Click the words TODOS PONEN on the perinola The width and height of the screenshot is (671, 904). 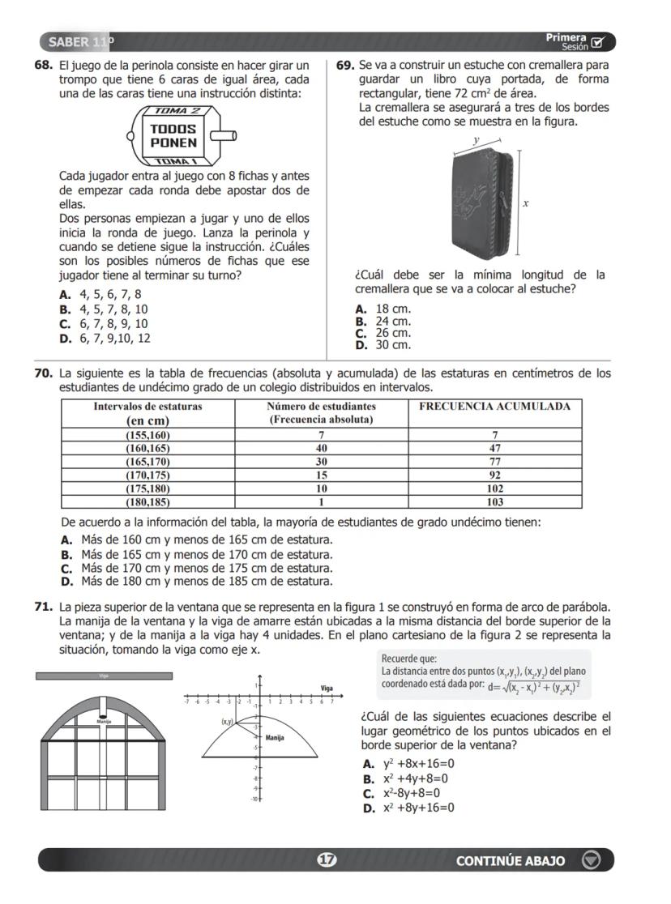point(173,135)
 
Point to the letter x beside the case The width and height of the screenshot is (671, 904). point(526,203)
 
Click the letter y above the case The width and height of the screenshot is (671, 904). point(477,140)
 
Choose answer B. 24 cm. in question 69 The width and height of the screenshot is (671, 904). point(384,322)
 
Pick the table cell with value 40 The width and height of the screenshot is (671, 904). point(321,448)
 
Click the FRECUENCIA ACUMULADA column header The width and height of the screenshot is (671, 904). point(494,407)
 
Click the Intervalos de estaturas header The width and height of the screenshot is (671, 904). point(147,407)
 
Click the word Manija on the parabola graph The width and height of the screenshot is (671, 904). point(275,738)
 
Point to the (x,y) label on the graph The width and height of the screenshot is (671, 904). point(228,720)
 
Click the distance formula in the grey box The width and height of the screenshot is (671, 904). point(535,687)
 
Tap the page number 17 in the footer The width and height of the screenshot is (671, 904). point(326,860)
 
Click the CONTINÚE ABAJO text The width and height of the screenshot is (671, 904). point(511,860)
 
